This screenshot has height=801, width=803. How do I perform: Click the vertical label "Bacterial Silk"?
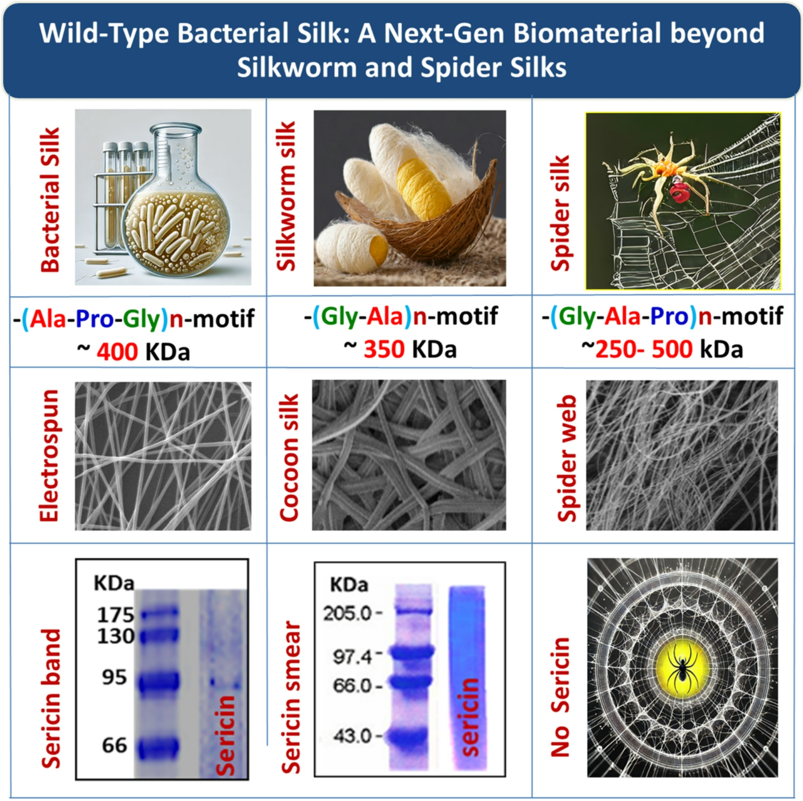(x=50, y=200)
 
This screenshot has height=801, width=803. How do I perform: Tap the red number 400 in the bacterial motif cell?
(x=117, y=352)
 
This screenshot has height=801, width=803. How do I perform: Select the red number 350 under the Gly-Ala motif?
(x=384, y=349)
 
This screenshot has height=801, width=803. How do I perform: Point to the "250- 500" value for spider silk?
(x=644, y=349)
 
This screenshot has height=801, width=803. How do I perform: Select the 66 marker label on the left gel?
(x=115, y=745)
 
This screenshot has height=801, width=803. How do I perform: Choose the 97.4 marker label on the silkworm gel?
(x=352, y=657)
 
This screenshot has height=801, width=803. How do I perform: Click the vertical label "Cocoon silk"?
(x=289, y=457)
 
